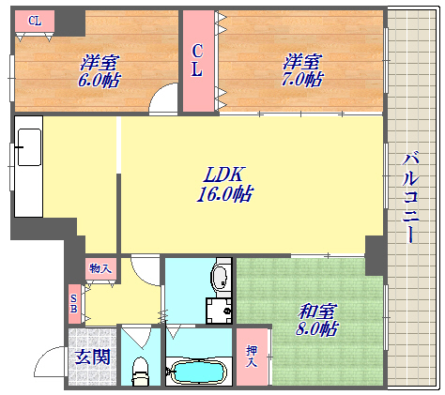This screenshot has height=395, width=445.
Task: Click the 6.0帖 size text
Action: (99, 82)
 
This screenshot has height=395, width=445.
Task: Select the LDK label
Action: (225, 174)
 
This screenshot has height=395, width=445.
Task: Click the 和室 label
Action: (317, 311)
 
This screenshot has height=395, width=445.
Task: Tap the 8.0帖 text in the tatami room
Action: (316, 330)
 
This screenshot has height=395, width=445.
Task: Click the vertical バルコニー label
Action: (411, 197)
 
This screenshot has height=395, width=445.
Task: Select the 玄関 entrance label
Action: (92, 357)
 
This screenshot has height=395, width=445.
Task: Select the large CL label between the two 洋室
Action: (198, 60)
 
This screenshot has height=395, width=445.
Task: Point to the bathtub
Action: (196, 372)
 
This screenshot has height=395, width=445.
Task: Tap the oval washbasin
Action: (220, 279)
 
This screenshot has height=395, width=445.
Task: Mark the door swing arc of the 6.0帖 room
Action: (165, 98)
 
